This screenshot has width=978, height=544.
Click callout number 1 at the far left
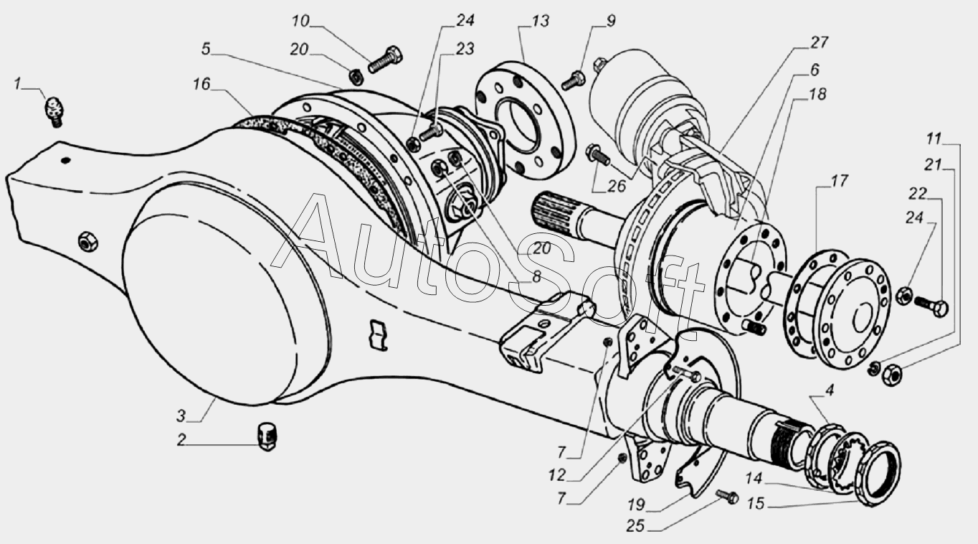pos(17,83)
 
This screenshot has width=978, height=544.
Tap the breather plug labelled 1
pos(54,112)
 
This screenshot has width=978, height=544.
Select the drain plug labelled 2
pos(267,436)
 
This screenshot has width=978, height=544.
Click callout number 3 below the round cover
pos(181,415)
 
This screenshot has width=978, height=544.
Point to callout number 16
pos(201,84)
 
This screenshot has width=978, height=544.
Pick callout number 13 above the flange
pos(540,21)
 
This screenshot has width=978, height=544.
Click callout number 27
pos(820,42)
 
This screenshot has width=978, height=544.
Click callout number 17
pos(839,180)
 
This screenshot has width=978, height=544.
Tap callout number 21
pos(933,165)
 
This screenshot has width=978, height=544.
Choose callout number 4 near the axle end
pos(829,389)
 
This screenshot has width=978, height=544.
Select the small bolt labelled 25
pos(727,497)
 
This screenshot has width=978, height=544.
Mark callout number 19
pos(636,505)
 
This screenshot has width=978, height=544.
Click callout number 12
pos(557,475)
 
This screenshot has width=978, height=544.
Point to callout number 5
pos(206,49)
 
